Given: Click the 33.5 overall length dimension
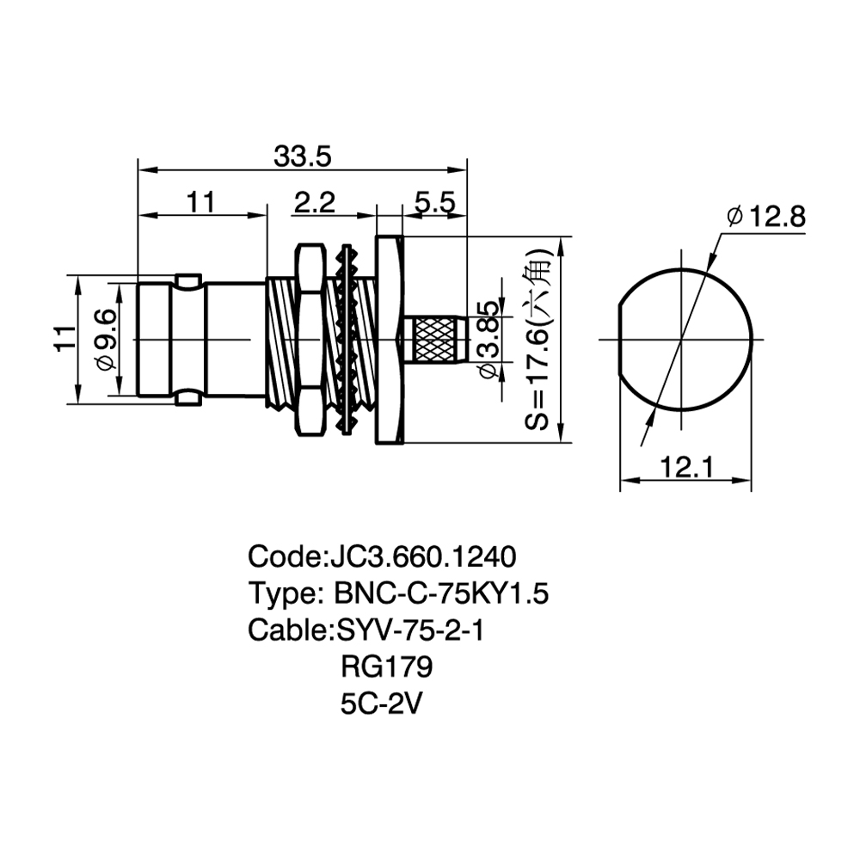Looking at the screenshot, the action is pyautogui.click(x=303, y=157).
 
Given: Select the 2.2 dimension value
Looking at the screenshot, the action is pyautogui.click(x=314, y=203).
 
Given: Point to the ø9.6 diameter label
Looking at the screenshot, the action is pyautogui.click(x=107, y=339).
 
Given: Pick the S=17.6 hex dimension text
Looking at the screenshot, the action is pyautogui.click(x=537, y=339).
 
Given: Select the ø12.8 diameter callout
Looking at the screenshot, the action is pyautogui.click(x=766, y=218).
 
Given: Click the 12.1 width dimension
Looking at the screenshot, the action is pyautogui.click(x=685, y=467).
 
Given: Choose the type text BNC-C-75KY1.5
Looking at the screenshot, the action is pyautogui.click(x=441, y=593).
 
